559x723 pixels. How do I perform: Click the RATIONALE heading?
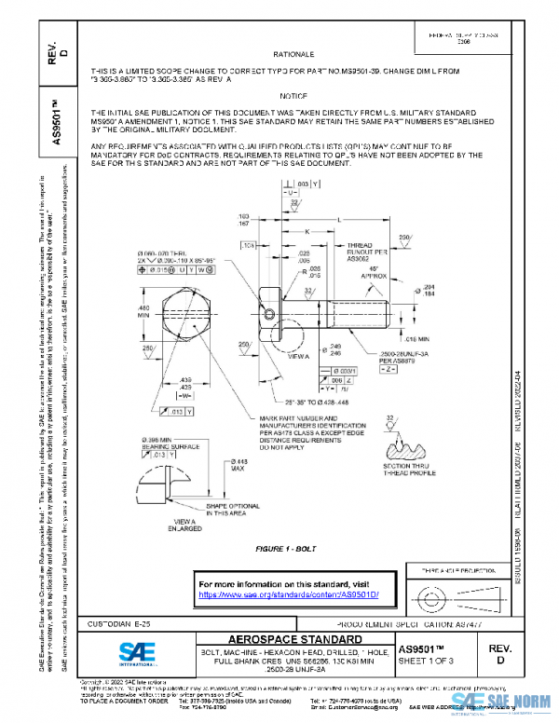click(287, 55)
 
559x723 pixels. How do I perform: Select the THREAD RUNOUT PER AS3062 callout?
click(353, 252)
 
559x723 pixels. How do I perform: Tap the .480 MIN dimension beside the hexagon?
click(144, 312)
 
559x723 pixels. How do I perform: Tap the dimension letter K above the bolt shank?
click(307, 232)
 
